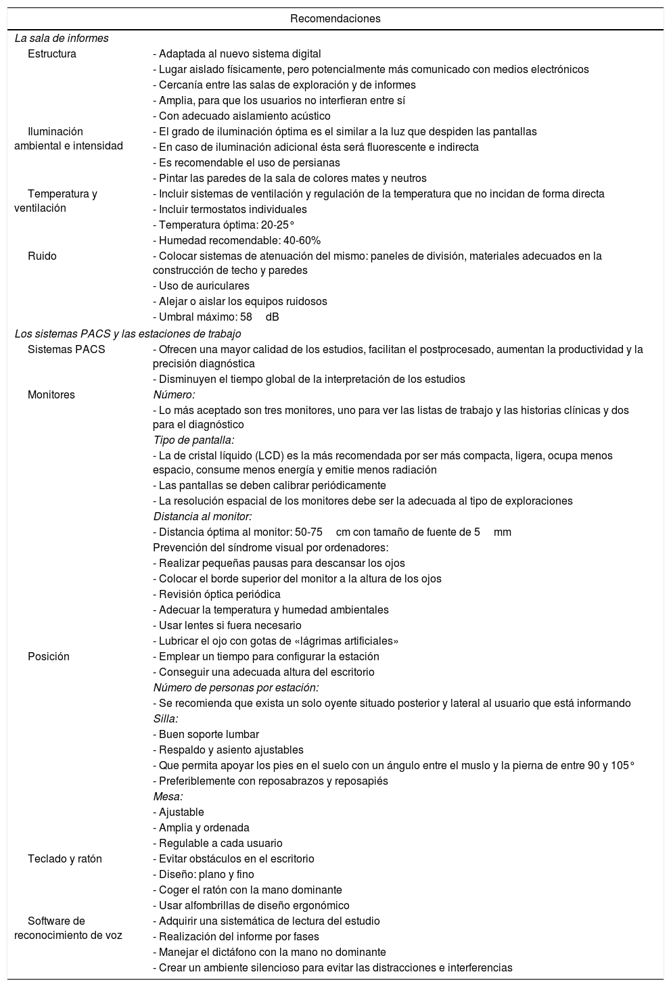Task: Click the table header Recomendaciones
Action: click(335, 19)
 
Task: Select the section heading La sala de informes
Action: click(62, 39)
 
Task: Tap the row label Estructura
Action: click(52, 54)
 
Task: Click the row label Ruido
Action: click(42, 256)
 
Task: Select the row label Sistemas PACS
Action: click(66, 350)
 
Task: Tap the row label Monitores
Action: click(51, 395)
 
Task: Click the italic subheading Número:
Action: click(174, 395)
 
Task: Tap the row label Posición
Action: click(49, 657)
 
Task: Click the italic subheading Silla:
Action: click(166, 719)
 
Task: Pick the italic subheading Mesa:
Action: click(168, 797)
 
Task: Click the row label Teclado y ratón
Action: click(65, 859)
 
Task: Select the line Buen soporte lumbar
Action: click(206, 735)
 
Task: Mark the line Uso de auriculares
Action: click(201, 286)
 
